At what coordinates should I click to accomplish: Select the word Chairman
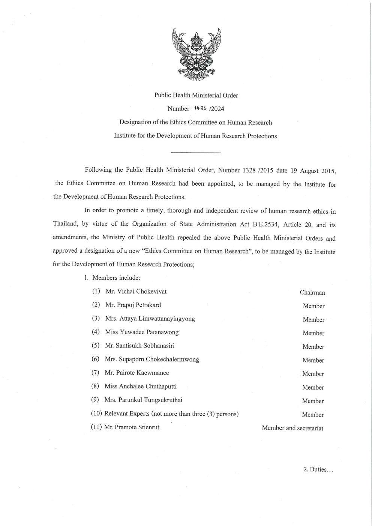[x=312, y=292]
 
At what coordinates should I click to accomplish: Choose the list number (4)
[x=96, y=332]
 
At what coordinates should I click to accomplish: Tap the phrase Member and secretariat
[x=292, y=428]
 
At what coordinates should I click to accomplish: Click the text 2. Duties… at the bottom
[x=318, y=469]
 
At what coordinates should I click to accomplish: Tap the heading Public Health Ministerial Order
[x=196, y=95]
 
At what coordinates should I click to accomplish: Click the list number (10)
[x=96, y=414]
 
